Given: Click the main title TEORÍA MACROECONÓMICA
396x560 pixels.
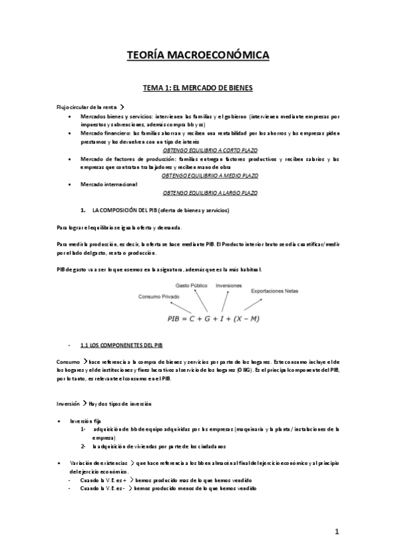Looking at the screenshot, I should (198, 57).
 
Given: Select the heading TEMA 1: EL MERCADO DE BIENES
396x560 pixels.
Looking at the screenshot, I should (198, 87).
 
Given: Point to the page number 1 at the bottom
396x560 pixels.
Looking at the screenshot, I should (337, 532).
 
